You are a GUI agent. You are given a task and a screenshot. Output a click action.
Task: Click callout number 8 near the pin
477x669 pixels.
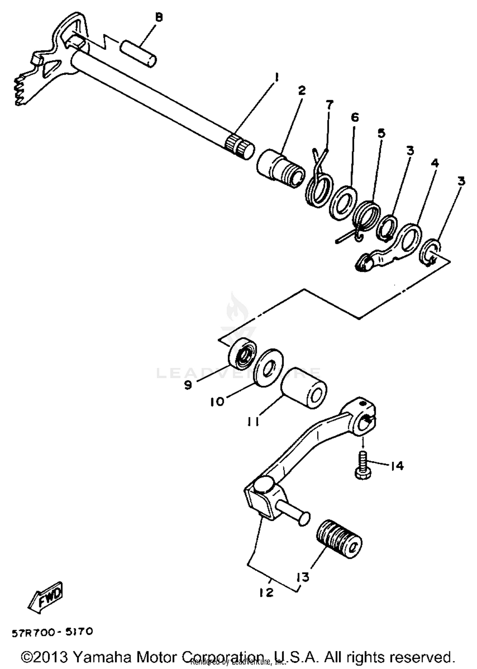point(159,17)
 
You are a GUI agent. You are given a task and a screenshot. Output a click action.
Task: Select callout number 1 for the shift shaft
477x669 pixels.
point(276,77)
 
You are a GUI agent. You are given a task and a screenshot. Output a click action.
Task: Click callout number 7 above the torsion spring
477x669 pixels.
point(329,104)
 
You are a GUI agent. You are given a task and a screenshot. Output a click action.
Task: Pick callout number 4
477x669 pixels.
point(435,163)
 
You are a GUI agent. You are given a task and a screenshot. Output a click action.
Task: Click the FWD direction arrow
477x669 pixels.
point(46,597)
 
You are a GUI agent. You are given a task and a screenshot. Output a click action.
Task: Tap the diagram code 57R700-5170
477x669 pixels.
point(52,632)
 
